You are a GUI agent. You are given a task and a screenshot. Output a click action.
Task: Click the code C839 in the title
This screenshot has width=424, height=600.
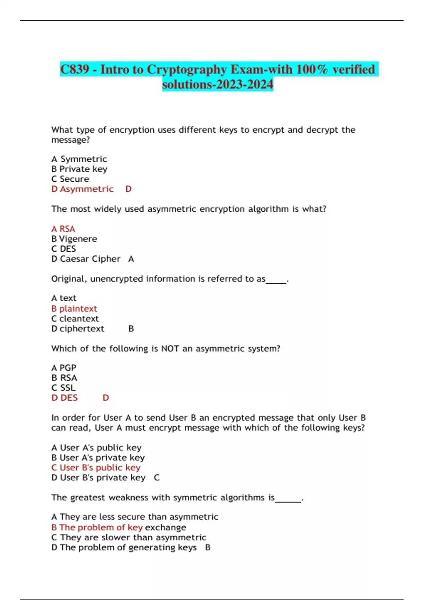[75, 70]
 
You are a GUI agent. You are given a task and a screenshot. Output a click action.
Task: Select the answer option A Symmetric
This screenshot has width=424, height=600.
[79, 159]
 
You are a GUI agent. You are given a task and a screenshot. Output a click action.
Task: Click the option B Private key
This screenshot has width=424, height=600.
[79, 169]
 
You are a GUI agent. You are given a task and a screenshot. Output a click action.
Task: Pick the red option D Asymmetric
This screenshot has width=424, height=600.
[82, 189]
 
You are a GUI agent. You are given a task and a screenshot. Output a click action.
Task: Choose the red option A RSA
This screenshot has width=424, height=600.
[63, 229]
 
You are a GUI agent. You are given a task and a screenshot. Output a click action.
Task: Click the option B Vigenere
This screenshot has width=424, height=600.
[74, 239]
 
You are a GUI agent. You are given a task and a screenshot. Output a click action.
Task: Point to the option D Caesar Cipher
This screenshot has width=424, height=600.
[86, 259]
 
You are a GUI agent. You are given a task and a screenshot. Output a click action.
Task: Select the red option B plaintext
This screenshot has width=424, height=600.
[74, 309]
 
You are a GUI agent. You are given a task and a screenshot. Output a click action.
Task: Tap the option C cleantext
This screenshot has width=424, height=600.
[75, 319]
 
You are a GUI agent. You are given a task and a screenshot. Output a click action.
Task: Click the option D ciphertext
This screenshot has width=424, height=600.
[78, 329]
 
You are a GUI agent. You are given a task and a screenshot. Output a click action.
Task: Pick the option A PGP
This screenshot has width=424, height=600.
[64, 368]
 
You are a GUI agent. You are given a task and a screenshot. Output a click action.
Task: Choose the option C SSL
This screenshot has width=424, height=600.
[63, 388]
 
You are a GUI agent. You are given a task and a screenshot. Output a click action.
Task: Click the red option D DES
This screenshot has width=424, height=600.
[64, 398]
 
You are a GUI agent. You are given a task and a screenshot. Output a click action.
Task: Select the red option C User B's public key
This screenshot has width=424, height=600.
[96, 468]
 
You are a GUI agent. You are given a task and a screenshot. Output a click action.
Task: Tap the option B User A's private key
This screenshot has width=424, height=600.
[98, 458]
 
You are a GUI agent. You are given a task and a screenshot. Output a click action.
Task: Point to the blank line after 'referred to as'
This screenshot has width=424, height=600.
[276, 282]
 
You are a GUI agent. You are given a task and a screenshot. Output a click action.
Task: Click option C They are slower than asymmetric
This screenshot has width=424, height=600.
[129, 538]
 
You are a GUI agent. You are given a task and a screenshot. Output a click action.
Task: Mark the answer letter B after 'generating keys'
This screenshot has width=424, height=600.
[208, 548]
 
